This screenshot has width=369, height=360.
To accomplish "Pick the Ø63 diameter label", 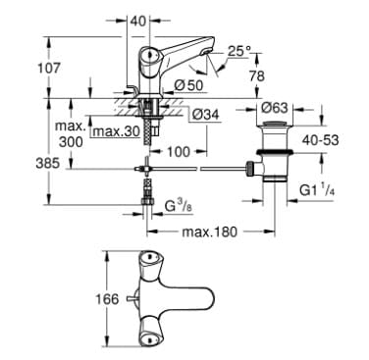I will tap(275, 109).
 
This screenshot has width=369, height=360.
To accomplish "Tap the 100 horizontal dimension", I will tap(178, 153).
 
